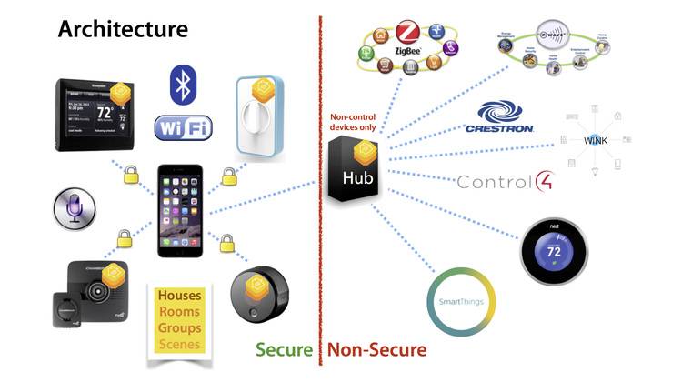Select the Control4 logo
[504, 182]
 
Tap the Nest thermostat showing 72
[551, 252]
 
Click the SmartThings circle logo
[462, 301]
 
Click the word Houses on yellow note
[180, 296]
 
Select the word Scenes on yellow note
[180, 344]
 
